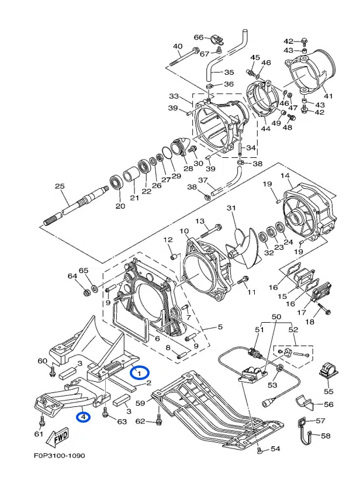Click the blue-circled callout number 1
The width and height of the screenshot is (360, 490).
[140, 372]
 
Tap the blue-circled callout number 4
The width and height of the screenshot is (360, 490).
[84, 416]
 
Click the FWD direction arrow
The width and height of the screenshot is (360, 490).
[57, 436]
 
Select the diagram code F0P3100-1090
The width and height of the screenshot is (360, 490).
[60, 456]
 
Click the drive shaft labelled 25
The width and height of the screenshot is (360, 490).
[75, 205]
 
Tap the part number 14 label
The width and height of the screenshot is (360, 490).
[285, 176]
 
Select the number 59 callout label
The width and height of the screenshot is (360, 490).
[140, 403]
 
